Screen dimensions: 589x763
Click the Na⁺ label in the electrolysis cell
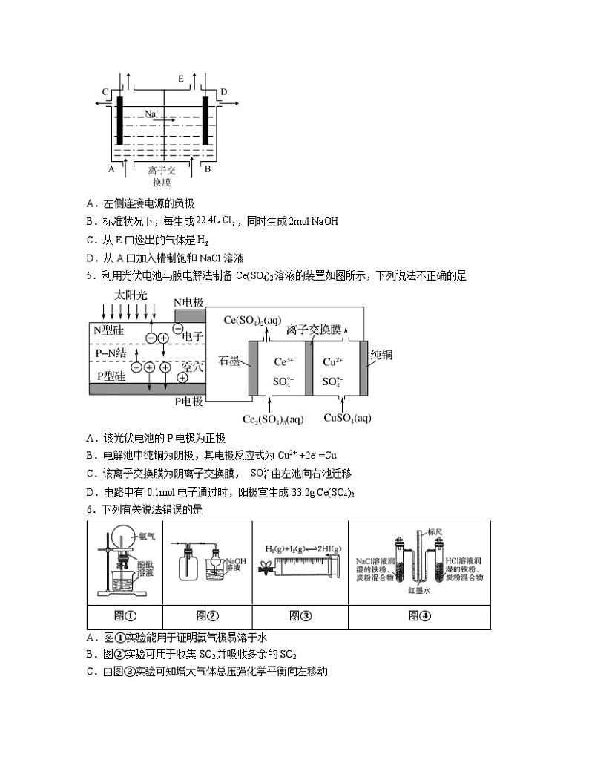tap(152, 114)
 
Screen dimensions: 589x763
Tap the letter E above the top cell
tap(180, 78)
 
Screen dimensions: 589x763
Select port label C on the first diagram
tap(105, 92)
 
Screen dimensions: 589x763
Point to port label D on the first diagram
tap(224, 92)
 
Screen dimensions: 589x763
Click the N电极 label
tap(188, 302)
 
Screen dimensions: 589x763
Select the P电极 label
tap(188, 402)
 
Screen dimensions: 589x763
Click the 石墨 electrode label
tap(229, 360)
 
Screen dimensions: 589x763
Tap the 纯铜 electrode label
tap(381, 355)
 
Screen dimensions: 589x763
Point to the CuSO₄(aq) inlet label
tap(347, 418)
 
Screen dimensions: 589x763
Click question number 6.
tap(90, 510)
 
